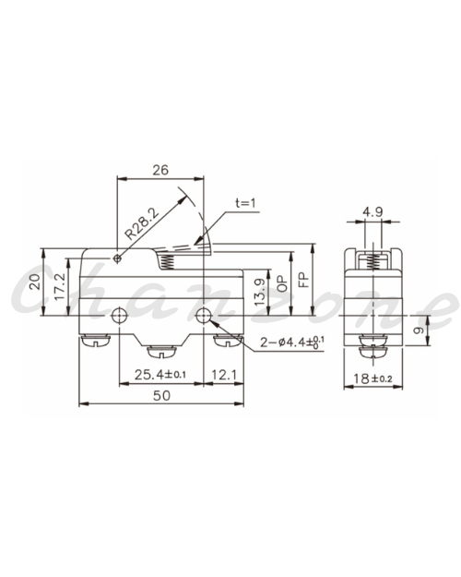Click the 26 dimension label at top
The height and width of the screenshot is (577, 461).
[160, 170]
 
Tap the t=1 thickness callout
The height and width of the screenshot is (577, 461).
[245, 203]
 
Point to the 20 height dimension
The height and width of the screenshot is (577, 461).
[35, 282]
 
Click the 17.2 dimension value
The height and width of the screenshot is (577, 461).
[60, 287]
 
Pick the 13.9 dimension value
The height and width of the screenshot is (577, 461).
[259, 292]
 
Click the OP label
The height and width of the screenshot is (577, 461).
[282, 283]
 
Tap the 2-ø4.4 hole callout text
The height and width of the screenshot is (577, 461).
[292, 343]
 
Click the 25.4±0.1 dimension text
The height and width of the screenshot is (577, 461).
[160, 375]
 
